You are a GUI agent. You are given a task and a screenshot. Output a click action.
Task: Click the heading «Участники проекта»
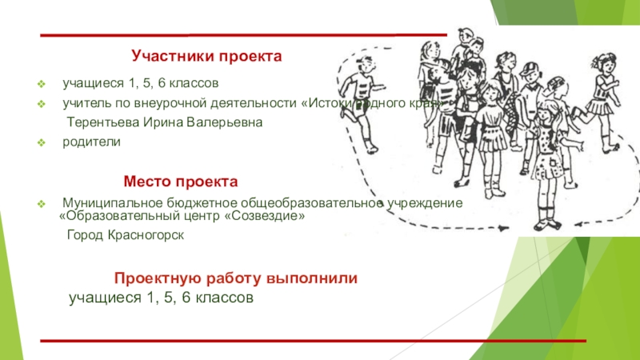tap(207, 58)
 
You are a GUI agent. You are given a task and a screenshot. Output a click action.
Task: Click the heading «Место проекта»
tap(180, 182)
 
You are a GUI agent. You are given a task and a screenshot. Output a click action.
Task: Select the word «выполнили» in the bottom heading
tap(313, 278)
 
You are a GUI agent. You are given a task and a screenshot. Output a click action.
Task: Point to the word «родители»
tap(93, 142)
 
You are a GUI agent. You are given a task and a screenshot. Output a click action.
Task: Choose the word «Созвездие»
tap(264, 216)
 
